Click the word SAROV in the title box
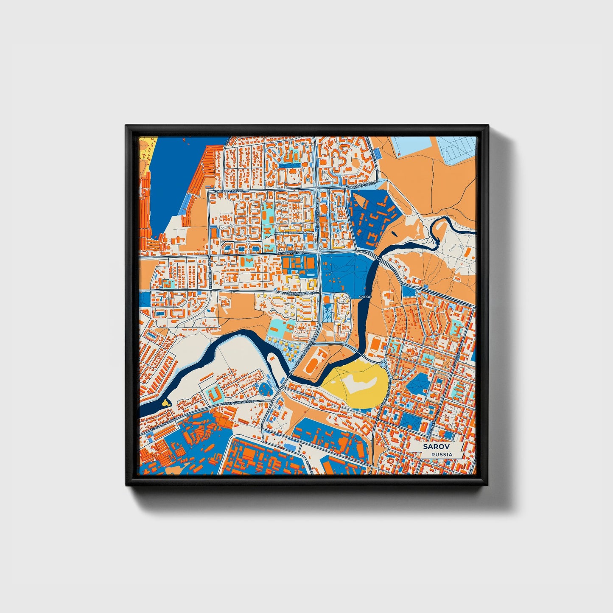436,447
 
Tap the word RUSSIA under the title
441,454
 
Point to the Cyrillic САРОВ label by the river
365,297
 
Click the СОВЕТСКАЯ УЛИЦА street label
300,293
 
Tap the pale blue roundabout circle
383,364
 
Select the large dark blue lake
178,178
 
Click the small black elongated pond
395,232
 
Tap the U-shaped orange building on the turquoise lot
215,394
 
